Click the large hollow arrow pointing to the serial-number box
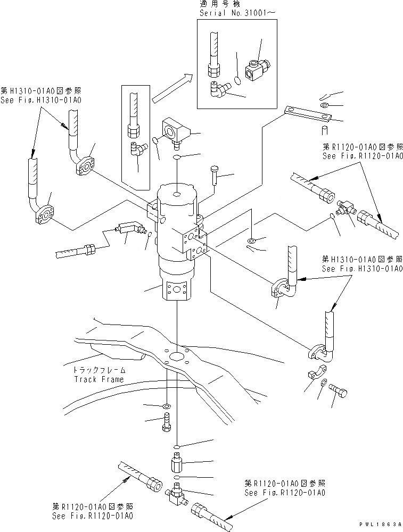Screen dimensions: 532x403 point(172,88)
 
